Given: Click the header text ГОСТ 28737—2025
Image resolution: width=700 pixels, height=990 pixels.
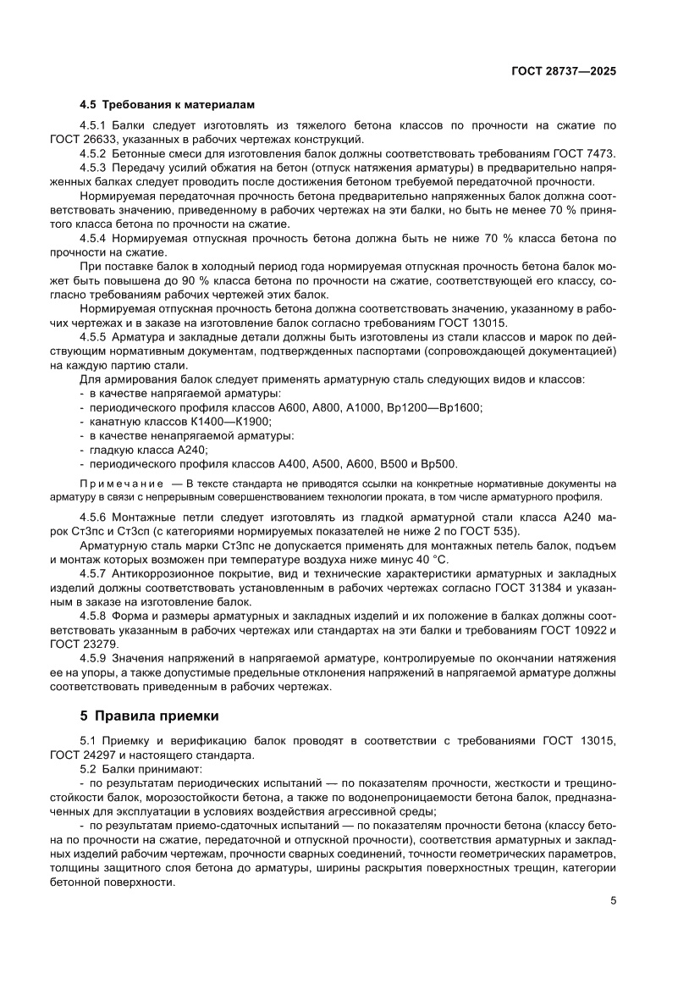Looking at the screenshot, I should point(563,72).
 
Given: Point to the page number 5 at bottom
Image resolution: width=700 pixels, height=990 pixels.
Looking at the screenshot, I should point(612,900).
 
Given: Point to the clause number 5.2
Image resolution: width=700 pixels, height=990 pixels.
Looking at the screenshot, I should point(89,768).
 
